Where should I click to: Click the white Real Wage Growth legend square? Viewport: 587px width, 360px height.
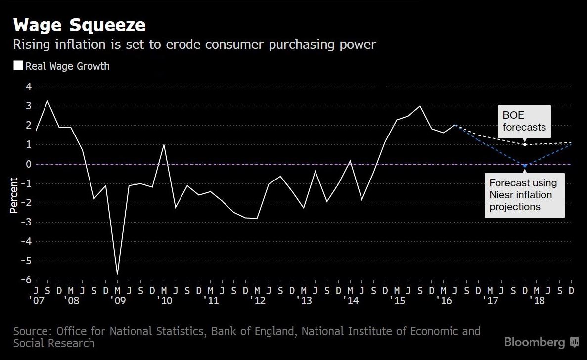click(18, 66)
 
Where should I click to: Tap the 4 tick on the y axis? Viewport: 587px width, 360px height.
click(29, 87)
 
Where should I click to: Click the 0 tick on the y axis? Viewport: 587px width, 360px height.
click(29, 164)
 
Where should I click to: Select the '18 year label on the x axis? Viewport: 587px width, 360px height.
click(538, 301)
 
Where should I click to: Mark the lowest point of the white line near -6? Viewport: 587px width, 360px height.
click(117, 274)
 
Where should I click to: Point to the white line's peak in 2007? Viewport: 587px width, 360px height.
click(47, 101)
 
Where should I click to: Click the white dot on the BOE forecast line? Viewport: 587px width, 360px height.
click(525, 144)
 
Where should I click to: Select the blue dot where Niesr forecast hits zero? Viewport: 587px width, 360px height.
click(524, 165)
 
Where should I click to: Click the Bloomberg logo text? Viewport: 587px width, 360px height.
click(534, 342)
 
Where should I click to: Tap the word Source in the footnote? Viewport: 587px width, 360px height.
click(33, 331)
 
